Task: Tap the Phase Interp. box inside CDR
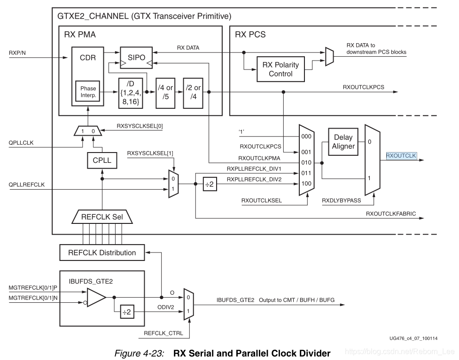pyautogui.click(x=88, y=92)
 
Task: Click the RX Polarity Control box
pyautogui.click(x=280, y=69)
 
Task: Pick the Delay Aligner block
pyautogui.click(x=343, y=142)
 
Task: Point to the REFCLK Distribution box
pyautogui.click(x=102, y=253)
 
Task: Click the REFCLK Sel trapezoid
pyautogui.click(x=102, y=217)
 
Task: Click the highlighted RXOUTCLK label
pyautogui.click(x=401, y=156)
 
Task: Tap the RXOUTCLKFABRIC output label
pyautogui.click(x=390, y=214)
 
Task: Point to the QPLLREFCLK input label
pyautogui.click(x=26, y=184)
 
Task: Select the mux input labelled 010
pyautogui.click(x=306, y=163)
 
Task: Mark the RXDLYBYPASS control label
pyautogui.click(x=342, y=200)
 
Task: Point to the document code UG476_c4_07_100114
pyautogui.click(x=413, y=338)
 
